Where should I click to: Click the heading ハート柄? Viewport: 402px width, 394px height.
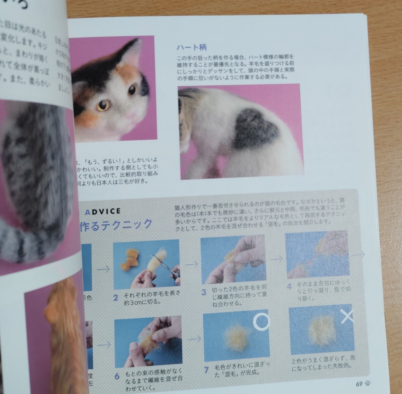[191, 48]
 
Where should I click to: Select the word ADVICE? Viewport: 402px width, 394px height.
[103, 212]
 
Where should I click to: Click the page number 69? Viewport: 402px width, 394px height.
[359, 384]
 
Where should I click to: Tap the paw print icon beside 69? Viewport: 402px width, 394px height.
[368, 384]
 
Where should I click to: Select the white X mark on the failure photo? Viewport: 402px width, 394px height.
[348, 316]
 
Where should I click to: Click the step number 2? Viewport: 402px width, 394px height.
[116, 297]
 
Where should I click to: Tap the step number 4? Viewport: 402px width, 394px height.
[289, 287]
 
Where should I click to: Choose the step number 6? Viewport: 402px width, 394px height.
[117, 376]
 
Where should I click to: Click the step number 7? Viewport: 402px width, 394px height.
[207, 370]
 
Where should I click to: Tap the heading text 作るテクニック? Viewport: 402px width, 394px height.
[116, 224]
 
